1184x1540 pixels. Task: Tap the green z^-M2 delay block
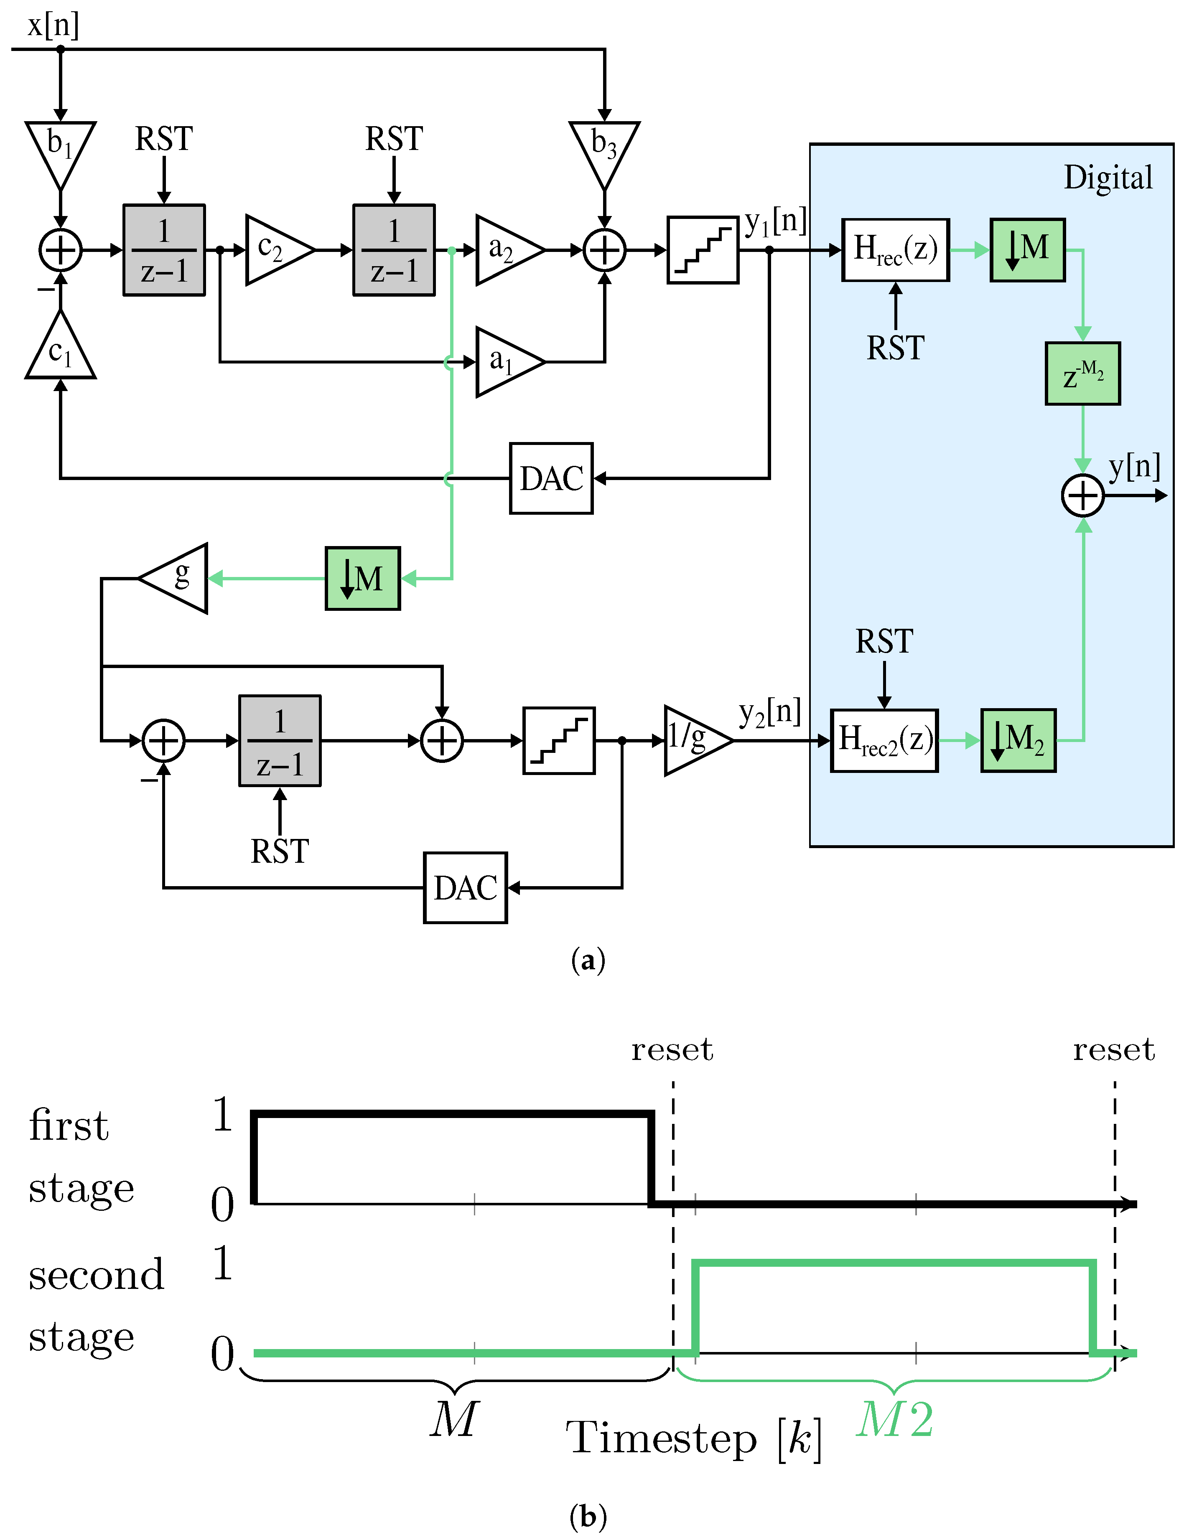pos(1082,374)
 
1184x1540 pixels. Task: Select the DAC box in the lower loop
pos(465,888)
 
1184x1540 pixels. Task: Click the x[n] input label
pos(53,25)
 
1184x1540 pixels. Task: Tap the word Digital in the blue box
pos(1108,178)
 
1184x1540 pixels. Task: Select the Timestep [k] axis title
pos(694,1437)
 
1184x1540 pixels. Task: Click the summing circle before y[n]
pos(1082,496)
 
